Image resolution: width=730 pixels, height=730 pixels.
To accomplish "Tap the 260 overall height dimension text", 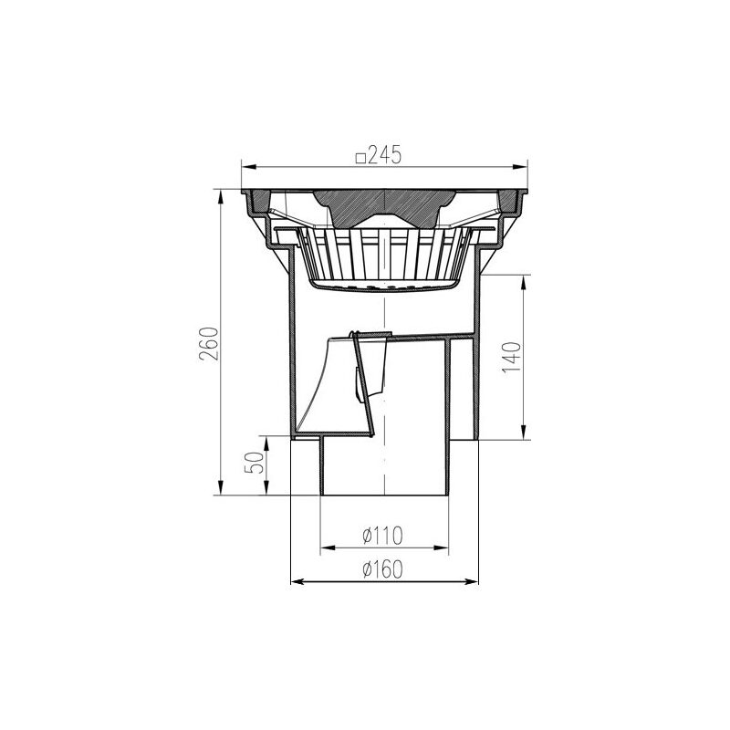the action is pos(208,344).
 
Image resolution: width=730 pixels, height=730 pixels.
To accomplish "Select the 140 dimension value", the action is pos(511,358).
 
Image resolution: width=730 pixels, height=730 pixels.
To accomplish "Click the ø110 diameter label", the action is pos(382,536).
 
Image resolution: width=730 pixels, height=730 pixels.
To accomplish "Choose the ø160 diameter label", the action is pos(382,568).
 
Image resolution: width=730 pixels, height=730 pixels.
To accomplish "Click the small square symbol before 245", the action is pos(360,159).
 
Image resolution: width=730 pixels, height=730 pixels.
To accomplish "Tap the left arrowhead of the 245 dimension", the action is pos(248,168).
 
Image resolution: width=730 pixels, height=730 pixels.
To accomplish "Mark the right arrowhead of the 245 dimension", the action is pos(520,168).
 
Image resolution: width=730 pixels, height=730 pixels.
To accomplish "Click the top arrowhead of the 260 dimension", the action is pos(220,196).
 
